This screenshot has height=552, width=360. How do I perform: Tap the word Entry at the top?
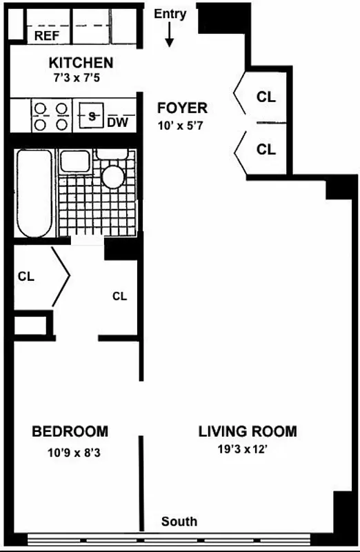click(170, 14)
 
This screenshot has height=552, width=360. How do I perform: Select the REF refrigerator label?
click(47, 35)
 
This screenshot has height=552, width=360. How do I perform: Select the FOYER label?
click(182, 108)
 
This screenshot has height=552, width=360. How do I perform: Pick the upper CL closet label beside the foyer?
click(266, 97)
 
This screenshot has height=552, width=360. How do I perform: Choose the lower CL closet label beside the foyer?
click(266, 149)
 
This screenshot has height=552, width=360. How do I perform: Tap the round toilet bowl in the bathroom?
click(113, 177)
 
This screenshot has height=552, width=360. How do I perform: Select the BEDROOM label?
click(70, 432)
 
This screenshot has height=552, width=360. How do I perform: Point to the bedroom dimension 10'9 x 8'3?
click(70, 453)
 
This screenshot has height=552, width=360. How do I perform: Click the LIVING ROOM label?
click(248, 432)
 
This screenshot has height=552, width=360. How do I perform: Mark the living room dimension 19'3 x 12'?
click(248, 450)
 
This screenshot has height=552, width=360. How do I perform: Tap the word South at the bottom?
click(179, 522)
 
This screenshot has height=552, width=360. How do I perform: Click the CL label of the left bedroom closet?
click(26, 277)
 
